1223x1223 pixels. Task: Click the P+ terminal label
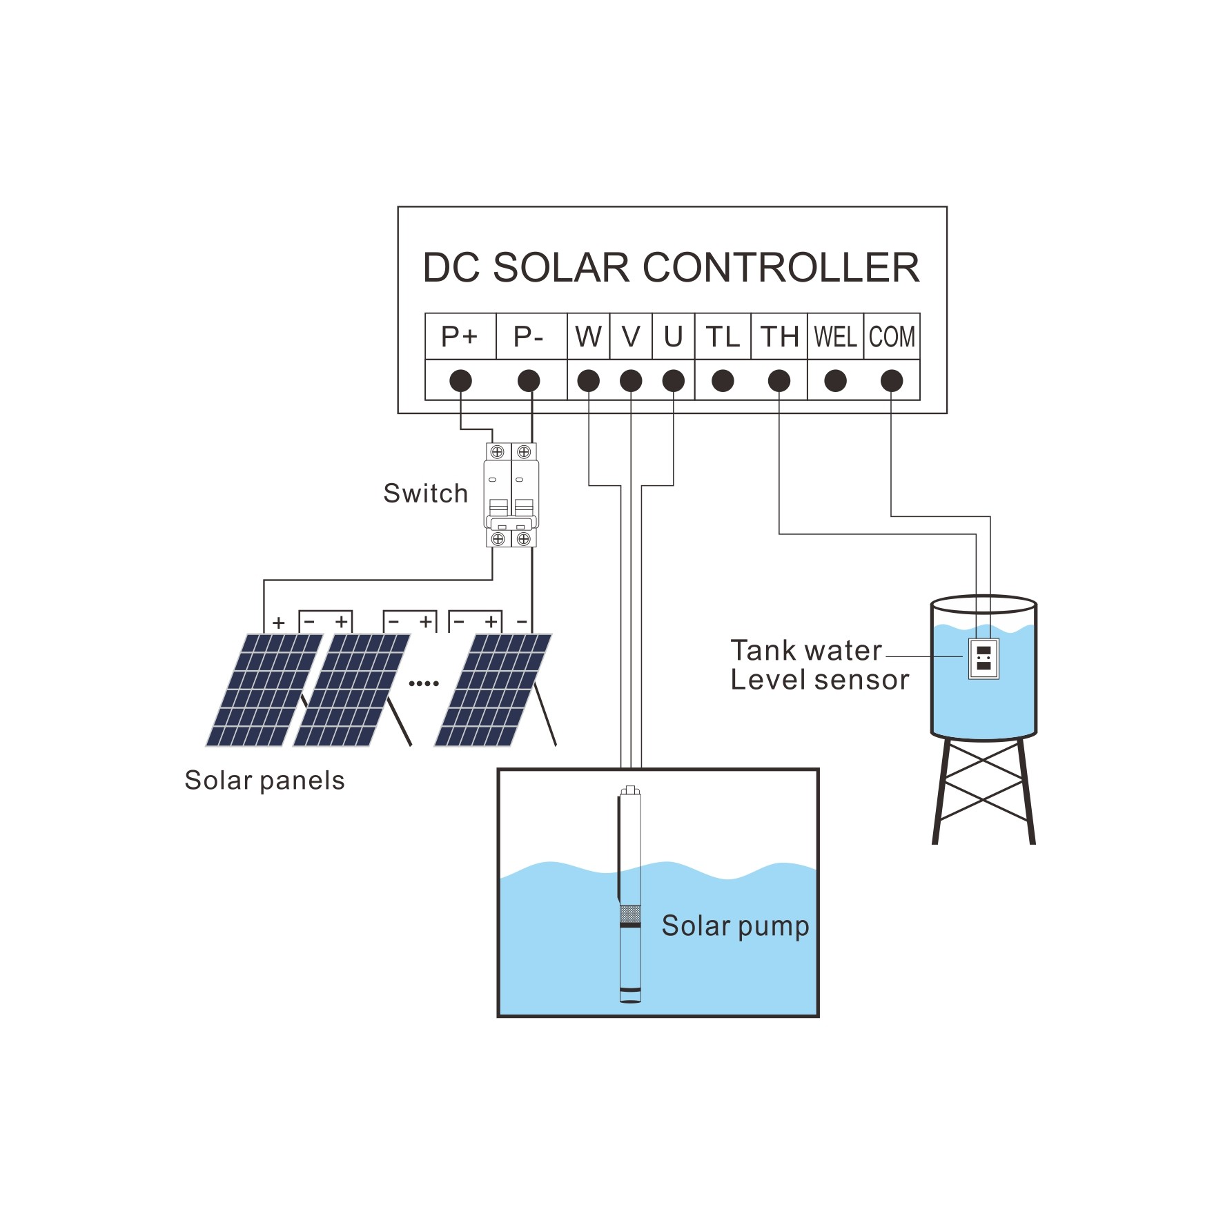point(460,337)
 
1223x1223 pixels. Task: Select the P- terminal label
point(529,337)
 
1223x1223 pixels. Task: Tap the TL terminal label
point(722,337)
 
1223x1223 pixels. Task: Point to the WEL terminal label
point(835,337)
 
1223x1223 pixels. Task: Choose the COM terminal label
point(892,337)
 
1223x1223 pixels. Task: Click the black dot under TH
point(779,380)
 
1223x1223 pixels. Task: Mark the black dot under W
point(588,380)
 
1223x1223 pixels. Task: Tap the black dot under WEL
point(835,380)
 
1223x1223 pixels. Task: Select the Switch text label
point(425,493)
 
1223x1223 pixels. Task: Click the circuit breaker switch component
point(511,495)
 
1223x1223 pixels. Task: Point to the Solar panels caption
point(264,781)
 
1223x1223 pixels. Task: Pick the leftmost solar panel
point(264,689)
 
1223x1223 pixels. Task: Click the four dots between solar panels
point(424,683)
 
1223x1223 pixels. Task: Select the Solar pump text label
point(735,926)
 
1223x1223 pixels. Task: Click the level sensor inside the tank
point(984,658)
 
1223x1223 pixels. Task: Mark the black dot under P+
point(460,380)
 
